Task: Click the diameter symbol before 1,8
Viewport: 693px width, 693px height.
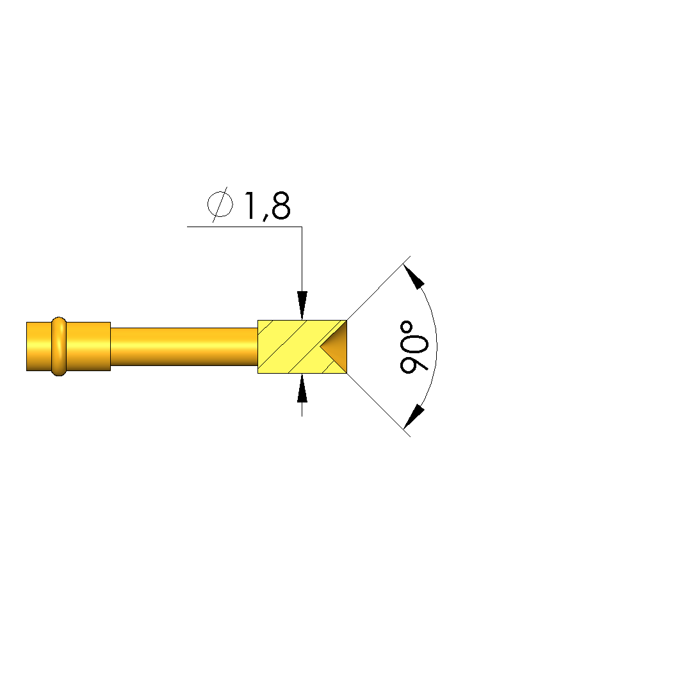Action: click(220, 204)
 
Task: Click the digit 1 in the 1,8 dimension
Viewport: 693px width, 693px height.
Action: click(250, 205)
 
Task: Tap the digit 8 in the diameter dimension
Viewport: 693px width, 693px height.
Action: click(281, 205)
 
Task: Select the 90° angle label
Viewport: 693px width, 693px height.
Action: click(414, 347)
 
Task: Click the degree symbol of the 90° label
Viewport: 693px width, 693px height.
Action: click(406, 328)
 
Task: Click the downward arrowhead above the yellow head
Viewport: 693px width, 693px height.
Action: click(302, 305)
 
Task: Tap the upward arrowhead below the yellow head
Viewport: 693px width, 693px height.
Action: click(302, 388)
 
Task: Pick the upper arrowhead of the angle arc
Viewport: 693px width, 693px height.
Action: click(414, 276)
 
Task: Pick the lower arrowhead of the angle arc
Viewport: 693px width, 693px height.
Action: click(414, 417)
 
